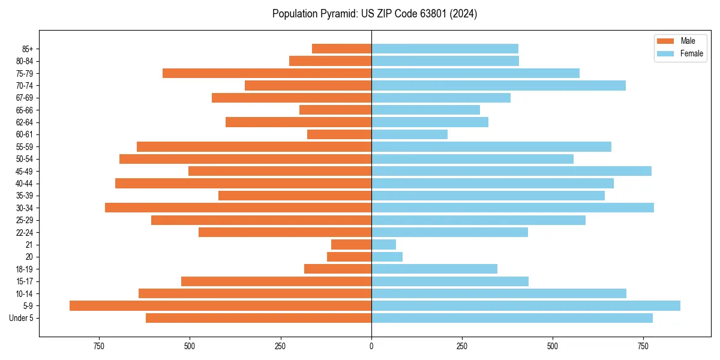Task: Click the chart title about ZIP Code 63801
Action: point(374,14)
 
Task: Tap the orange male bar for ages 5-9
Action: point(220,305)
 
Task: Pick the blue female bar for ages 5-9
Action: point(526,305)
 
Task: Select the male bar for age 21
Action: point(351,244)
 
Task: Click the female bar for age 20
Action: point(387,257)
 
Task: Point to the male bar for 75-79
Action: point(267,73)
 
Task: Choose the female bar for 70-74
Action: point(499,85)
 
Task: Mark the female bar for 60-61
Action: point(410,134)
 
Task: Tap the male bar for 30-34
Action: point(238,208)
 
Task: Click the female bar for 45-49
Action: point(511,171)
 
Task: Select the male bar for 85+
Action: point(341,49)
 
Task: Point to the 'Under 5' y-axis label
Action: point(21,318)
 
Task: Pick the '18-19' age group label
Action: point(25,269)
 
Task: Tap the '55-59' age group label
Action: point(25,146)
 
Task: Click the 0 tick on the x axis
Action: point(371,346)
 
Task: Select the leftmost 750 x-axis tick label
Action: point(99,346)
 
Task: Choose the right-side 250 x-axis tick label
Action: point(462,346)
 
